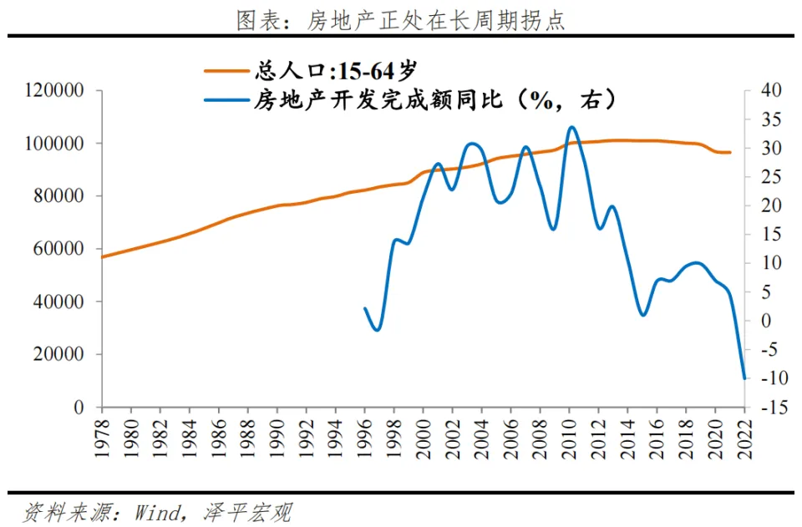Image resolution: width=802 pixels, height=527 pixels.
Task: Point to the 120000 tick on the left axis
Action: [56, 90]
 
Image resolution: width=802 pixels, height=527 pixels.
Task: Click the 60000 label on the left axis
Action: [60, 249]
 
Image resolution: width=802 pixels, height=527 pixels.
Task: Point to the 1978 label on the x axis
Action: [102, 432]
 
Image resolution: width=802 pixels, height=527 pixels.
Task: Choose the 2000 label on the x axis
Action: [423, 432]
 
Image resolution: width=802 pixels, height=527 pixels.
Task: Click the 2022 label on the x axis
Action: [744, 432]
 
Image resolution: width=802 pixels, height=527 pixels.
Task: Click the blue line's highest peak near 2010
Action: [571, 127]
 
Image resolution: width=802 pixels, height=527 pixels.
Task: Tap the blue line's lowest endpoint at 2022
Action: [744, 378]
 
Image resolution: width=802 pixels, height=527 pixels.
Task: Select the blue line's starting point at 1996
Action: [365, 308]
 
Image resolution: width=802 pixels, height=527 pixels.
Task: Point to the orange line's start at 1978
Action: [102, 256]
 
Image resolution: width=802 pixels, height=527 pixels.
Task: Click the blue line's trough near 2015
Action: [642, 315]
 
